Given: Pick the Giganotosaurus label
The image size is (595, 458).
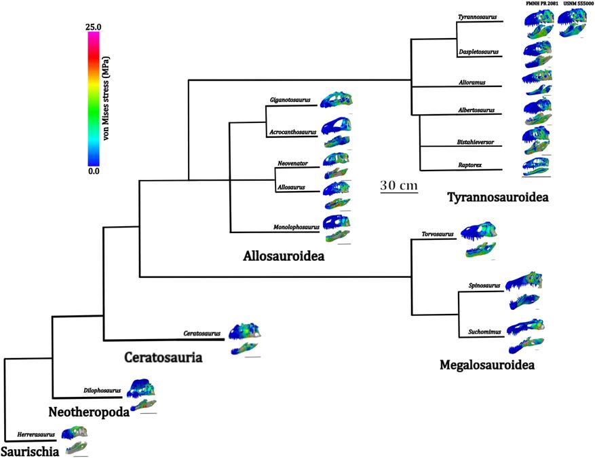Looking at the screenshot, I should tap(290, 100).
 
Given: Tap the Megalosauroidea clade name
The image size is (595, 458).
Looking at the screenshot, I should tap(487, 366).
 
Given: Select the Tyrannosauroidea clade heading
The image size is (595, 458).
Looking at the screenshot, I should tap(497, 197).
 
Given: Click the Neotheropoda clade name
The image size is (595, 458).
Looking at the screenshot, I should tap(88, 412).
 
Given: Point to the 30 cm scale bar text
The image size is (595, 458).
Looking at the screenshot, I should tap(398, 185).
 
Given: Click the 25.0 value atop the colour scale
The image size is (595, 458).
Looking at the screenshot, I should tap(93, 27).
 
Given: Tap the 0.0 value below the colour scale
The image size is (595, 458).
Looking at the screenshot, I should tap(94, 171).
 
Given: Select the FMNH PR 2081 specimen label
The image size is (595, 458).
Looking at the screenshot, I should tap(539, 4).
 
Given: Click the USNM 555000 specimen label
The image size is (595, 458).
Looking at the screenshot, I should tap(573, 4).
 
